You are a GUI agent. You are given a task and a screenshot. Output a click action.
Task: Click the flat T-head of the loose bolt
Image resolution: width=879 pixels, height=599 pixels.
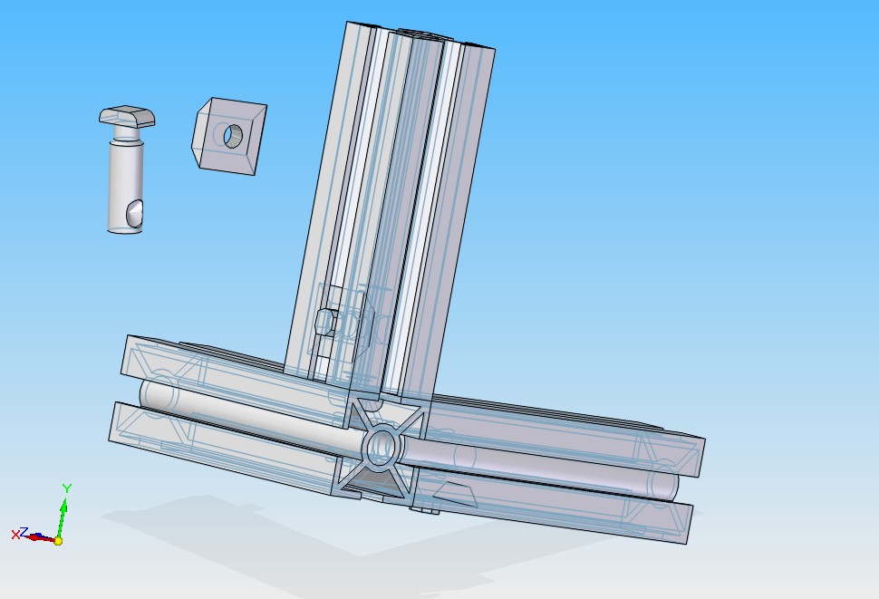pyautogui.click(x=127, y=116)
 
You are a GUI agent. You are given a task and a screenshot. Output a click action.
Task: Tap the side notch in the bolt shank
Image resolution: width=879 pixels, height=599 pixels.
pyautogui.click(x=134, y=215)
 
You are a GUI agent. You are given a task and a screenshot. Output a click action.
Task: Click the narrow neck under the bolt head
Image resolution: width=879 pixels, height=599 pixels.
pyautogui.click(x=127, y=133)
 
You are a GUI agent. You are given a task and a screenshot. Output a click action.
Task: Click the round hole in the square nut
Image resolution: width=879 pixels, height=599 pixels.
pyautogui.click(x=233, y=136)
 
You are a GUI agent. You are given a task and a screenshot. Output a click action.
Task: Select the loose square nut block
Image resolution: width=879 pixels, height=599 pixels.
pyautogui.click(x=230, y=136)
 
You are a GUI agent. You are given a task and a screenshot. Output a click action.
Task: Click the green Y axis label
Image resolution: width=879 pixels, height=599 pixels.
pyautogui.click(x=67, y=488)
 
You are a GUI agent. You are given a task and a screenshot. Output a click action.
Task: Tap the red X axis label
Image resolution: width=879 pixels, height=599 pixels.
pyautogui.click(x=15, y=536)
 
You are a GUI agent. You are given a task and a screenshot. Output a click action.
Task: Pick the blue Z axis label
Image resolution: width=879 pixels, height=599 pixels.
pyautogui.click(x=24, y=532)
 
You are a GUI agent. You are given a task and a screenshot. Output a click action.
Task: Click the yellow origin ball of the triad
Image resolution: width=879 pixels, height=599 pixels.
pyautogui.click(x=58, y=541)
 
